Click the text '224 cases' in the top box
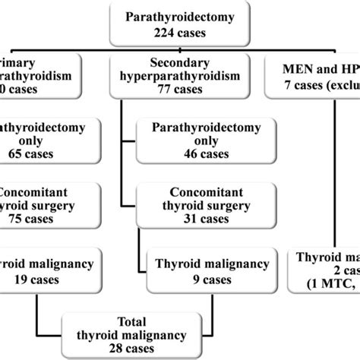[x=181, y=29]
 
